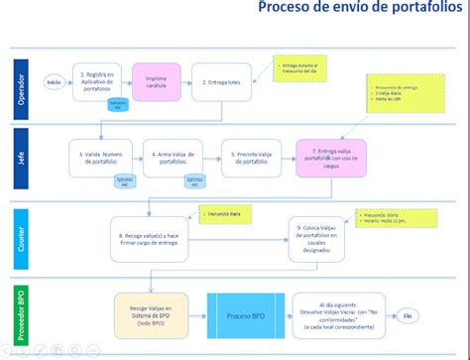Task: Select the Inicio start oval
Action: click(54, 82)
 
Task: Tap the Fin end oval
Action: click(406, 316)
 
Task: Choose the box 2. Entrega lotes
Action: click(221, 81)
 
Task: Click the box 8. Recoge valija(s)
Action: click(147, 235)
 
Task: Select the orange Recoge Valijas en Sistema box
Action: click(151, 314)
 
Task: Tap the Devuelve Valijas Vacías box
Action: click(334, 314)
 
